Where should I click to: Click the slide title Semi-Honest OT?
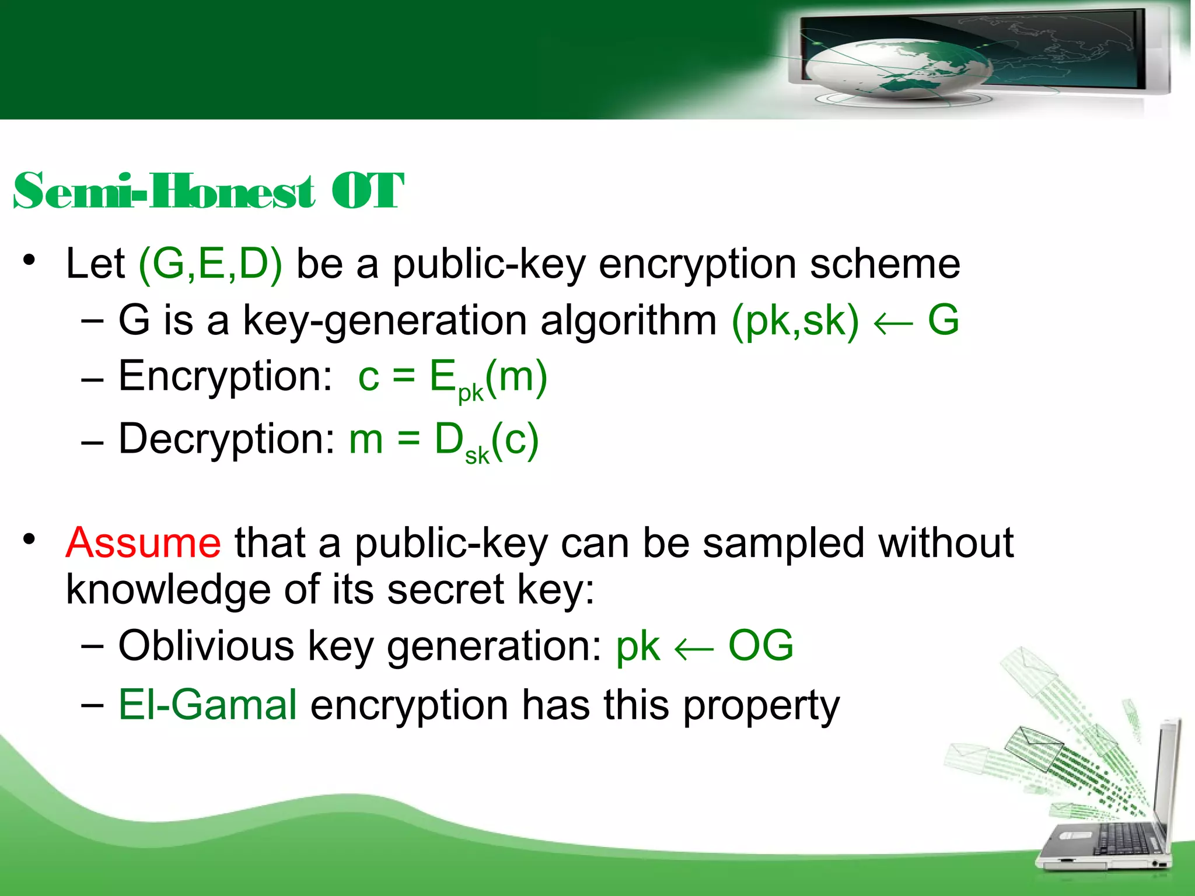208,191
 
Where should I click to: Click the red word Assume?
143,542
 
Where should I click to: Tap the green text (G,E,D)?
210,264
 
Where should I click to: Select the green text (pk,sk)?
795,320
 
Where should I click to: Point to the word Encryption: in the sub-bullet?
225,376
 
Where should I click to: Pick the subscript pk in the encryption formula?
470,393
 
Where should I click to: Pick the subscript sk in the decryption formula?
477,456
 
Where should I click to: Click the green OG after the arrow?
760,646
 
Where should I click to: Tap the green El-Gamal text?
208,705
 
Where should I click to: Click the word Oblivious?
206,646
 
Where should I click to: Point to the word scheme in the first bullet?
885,264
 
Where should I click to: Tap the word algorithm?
628,320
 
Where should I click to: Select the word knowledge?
168,590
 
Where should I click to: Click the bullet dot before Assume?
29,539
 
